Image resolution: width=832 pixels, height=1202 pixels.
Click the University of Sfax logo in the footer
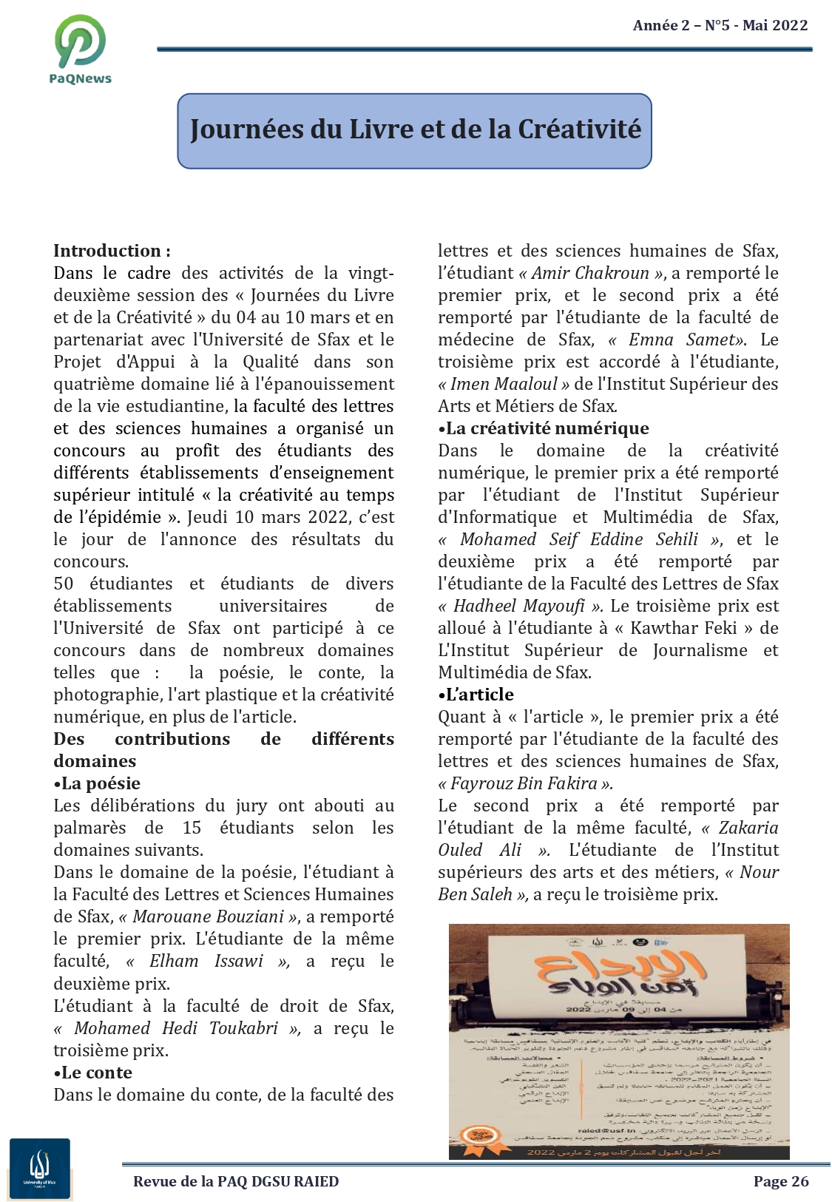(40, 1168)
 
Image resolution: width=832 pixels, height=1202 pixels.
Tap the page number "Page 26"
(781, 1181)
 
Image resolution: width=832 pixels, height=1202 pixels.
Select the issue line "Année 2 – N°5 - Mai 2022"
(720, 26)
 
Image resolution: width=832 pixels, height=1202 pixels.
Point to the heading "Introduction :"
(112, 251)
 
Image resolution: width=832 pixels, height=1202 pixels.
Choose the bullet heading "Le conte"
(96, 1073)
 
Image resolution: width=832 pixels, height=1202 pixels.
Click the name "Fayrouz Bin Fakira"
(524, 783)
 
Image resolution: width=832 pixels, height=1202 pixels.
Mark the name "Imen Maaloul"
(504, 384)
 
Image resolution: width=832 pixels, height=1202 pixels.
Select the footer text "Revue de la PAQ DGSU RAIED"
(236, 1181)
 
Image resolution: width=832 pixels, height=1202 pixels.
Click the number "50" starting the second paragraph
(64, 584)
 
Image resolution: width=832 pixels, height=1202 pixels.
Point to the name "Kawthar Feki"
(683, 628)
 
